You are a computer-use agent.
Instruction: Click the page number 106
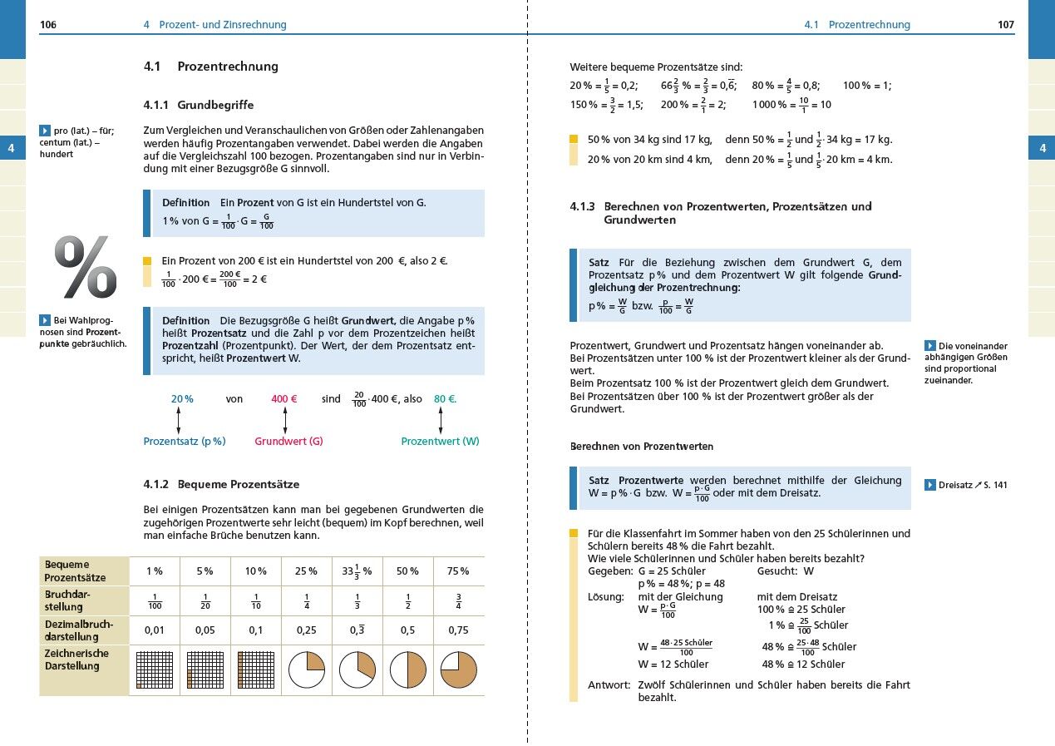pyautogui.click(x=48, y=25)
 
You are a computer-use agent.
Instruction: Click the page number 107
pyautogui.click(x=1006, y=25)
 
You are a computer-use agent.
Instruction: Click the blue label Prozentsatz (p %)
pyautogui.click(x=185, y=442)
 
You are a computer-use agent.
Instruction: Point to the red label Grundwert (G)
pyautogui.click(x=288, y=442)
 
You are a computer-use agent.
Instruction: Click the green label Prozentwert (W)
pyautogui.click(x=440, y=442)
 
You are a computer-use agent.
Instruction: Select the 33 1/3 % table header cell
pyautogui.click(x=357, y=571)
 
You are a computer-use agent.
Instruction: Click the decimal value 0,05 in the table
pyautogui.click(x=205, y=630)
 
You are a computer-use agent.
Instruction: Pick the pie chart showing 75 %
pyautogui.click(x=458, y=669)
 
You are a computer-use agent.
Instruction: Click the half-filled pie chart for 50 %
pyautogui.click(x=407, y=669)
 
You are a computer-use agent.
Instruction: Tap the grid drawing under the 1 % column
pyautogui.click(x=154, y=669)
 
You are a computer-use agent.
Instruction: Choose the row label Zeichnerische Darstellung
pyautogui.click(x=76, y=660)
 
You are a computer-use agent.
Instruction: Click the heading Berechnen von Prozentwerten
pyautogui.click(x=642, y=447)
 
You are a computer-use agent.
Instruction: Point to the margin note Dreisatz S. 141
pyautogui.click(x=966, y=485)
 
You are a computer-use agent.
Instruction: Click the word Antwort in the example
pyautogui.click(x=609, y=685)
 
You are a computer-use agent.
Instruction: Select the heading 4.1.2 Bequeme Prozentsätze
pyautogui.click(x=221, y=484)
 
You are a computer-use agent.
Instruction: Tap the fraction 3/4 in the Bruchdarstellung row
pyautogui.click(x=458, y=600)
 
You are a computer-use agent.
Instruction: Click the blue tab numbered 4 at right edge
pyautogui.click(x=1042, y=150)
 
